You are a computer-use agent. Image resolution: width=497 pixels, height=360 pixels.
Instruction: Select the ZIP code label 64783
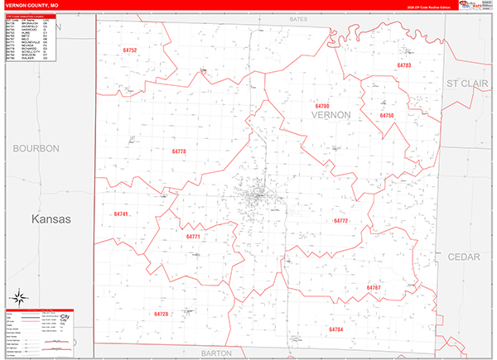(404, 65)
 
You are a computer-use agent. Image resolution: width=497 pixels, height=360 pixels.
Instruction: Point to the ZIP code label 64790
(322, 106)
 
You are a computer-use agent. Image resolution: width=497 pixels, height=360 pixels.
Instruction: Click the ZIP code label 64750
(387, 115)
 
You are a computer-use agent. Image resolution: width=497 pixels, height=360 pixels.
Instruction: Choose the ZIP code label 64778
(180, 151)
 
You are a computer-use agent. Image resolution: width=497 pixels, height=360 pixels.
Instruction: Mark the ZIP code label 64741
(121, 214)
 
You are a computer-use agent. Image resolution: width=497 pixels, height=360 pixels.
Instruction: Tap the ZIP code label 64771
(194, 237)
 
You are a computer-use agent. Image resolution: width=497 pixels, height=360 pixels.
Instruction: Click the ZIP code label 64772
(340, 221)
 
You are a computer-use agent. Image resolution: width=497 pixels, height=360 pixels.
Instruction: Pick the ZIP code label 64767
(374, 287)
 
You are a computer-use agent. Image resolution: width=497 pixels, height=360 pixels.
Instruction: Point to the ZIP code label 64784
(335, 329)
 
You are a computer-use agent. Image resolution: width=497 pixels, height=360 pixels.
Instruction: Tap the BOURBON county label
(36, 148)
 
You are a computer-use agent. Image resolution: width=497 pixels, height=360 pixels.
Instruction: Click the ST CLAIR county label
(469, 84)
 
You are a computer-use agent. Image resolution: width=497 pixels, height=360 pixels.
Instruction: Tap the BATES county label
(298, 17)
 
